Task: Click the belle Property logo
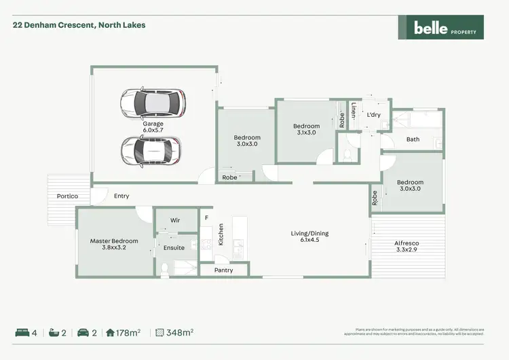440,27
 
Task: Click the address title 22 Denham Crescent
79,25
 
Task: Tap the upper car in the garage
152,103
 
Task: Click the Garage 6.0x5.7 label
153,128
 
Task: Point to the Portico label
67,196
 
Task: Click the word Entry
121,196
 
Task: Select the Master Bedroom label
114,245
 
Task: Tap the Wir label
174,221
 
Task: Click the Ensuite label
174,248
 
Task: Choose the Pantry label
223,270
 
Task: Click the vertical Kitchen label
221,235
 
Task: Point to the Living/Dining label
309,237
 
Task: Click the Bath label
413,139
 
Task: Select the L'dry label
374,115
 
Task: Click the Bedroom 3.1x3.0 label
306,129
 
